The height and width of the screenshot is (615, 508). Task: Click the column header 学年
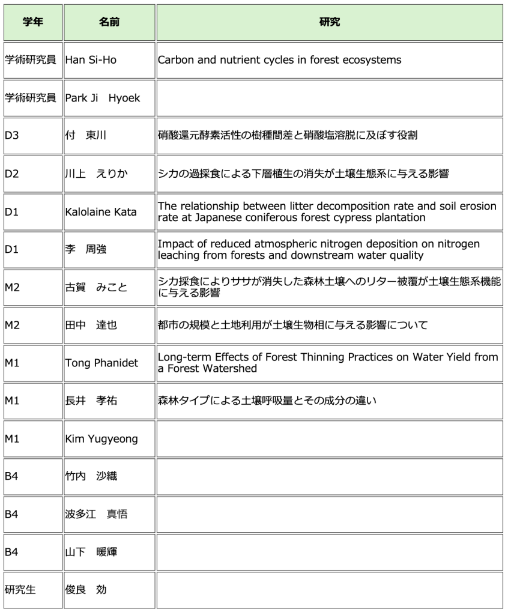[x=32, y=22]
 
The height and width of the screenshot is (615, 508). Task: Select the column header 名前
[x=109, y=22]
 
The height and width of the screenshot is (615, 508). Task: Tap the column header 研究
[x=330, y=22]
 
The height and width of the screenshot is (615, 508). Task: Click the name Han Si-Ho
[x=91, y=60]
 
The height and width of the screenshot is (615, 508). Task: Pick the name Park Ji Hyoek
[x=102, y=98]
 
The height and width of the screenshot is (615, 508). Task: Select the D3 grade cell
[x=12, y=136]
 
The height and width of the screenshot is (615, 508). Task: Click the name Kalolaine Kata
[x=101, y=211]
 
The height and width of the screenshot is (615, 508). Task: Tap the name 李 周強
[x=86, y=249]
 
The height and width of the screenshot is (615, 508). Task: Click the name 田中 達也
[x=91, y=325]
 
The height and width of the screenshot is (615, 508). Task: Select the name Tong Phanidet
[x=101, y=363]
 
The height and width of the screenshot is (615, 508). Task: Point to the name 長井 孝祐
[x=91, y=401]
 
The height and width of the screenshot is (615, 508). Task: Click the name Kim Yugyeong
[x=101, y=438]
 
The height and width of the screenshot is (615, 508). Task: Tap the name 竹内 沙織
[x=91, y=476]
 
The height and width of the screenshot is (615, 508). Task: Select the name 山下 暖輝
[x=91, y=552]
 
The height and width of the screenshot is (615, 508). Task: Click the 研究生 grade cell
[x=20, y=590]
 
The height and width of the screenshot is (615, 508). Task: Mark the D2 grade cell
[x=12, y=174]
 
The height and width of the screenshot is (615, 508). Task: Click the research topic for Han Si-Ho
[x=279, y=60]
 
